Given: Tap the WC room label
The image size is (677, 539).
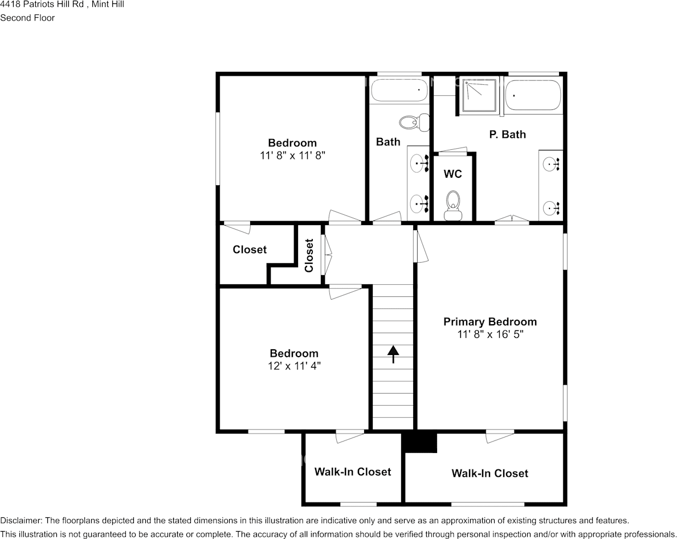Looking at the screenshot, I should (x=452, y=174).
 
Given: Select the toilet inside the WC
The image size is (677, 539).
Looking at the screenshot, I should (x=453, y=203).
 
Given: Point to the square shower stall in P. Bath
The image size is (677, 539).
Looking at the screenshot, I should (x=479, y=96).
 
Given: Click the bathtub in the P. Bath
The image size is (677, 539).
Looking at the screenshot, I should (x=533, y=96).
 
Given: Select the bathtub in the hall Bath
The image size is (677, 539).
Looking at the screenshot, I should (x=399, y=90).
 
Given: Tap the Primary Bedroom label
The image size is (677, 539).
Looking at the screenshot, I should (x=490, y=322).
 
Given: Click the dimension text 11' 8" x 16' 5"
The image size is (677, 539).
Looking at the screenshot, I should (x=490, y=335).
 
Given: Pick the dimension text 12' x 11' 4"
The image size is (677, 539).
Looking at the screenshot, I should (x=294, y=366).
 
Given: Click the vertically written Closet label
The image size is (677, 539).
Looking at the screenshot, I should (x=309, y=255).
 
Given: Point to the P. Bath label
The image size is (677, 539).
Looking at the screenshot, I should (x=507, y=134).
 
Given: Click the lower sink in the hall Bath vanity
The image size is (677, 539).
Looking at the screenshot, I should (x=419, y=202).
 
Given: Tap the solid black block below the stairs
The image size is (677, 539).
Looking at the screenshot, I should (x=419, y=443).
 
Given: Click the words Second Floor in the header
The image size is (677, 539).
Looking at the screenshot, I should (x=27, y=18).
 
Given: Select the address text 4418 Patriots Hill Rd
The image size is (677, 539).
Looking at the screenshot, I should (x=42, y=5).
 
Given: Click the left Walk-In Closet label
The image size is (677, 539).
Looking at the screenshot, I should (x=353, y=472).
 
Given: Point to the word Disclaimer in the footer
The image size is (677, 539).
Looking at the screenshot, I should (x=20, y=521).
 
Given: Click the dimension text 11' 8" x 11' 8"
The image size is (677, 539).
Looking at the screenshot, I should (x=292, y=155).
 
